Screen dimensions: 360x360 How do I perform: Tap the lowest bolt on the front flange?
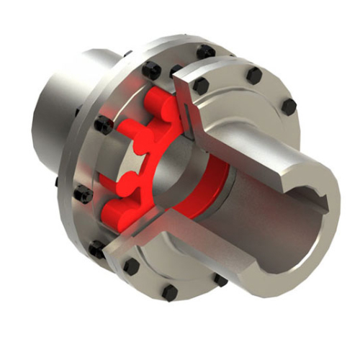[170, 293]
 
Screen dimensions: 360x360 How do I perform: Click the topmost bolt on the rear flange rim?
[206, 52]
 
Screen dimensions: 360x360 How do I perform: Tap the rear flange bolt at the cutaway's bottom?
[96, 250]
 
